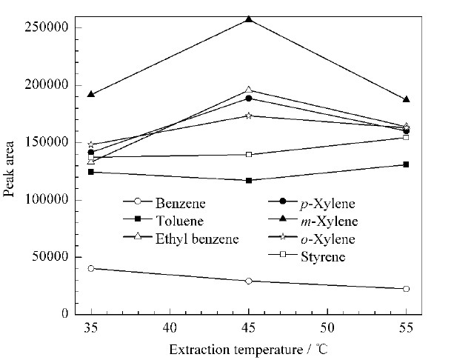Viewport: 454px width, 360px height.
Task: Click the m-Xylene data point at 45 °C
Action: pos(249,19)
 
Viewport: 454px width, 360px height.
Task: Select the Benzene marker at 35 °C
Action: pos(91,268)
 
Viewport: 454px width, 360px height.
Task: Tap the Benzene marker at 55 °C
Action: pos(406,289)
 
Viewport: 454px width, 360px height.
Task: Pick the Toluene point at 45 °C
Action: pos(249,181)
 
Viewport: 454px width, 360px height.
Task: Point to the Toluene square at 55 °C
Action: pos(406,164)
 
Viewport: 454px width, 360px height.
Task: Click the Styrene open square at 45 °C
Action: pos(249,154)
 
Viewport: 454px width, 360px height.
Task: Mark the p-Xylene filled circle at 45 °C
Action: pos(249,99)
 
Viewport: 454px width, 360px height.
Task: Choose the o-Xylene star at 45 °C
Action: pos(249,116)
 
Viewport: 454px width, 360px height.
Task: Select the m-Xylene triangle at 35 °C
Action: pos(91,94)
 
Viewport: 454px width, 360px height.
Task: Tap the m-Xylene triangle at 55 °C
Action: pos(406,99)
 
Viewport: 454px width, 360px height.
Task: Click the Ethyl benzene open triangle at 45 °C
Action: pos(249,90)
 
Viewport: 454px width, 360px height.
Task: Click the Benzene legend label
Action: pos(181,203)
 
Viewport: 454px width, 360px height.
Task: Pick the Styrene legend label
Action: pos(323,257)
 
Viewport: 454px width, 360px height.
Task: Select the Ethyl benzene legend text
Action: pos(197,239)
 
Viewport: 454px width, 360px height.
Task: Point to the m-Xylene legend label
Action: pos(330,221)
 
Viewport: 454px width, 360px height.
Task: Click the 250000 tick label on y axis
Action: pos(47,27)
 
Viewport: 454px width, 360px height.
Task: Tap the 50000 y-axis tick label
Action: pos(50,256)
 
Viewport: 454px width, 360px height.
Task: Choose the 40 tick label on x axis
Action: pos(170,328)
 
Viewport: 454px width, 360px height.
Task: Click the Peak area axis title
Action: pos(9,169)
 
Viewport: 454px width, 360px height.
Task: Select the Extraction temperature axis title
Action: pos(248,350)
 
